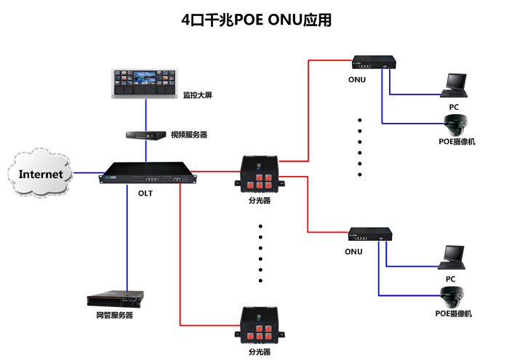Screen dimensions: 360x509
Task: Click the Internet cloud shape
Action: [x=41, y=173]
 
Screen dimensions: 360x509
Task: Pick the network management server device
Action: [x=115, y=299]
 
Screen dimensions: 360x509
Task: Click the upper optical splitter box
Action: [x=260, y=175]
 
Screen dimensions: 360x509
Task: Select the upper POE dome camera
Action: [x=456, y=123]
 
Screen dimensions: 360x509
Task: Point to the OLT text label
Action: [x=145, y=194]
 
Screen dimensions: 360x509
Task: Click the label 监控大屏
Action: [x=197, y=95]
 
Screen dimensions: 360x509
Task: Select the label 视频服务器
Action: [x=189, y=135]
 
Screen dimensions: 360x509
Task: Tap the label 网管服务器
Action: [x=115, y=315]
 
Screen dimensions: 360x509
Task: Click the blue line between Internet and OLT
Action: [x=87, y=173]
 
